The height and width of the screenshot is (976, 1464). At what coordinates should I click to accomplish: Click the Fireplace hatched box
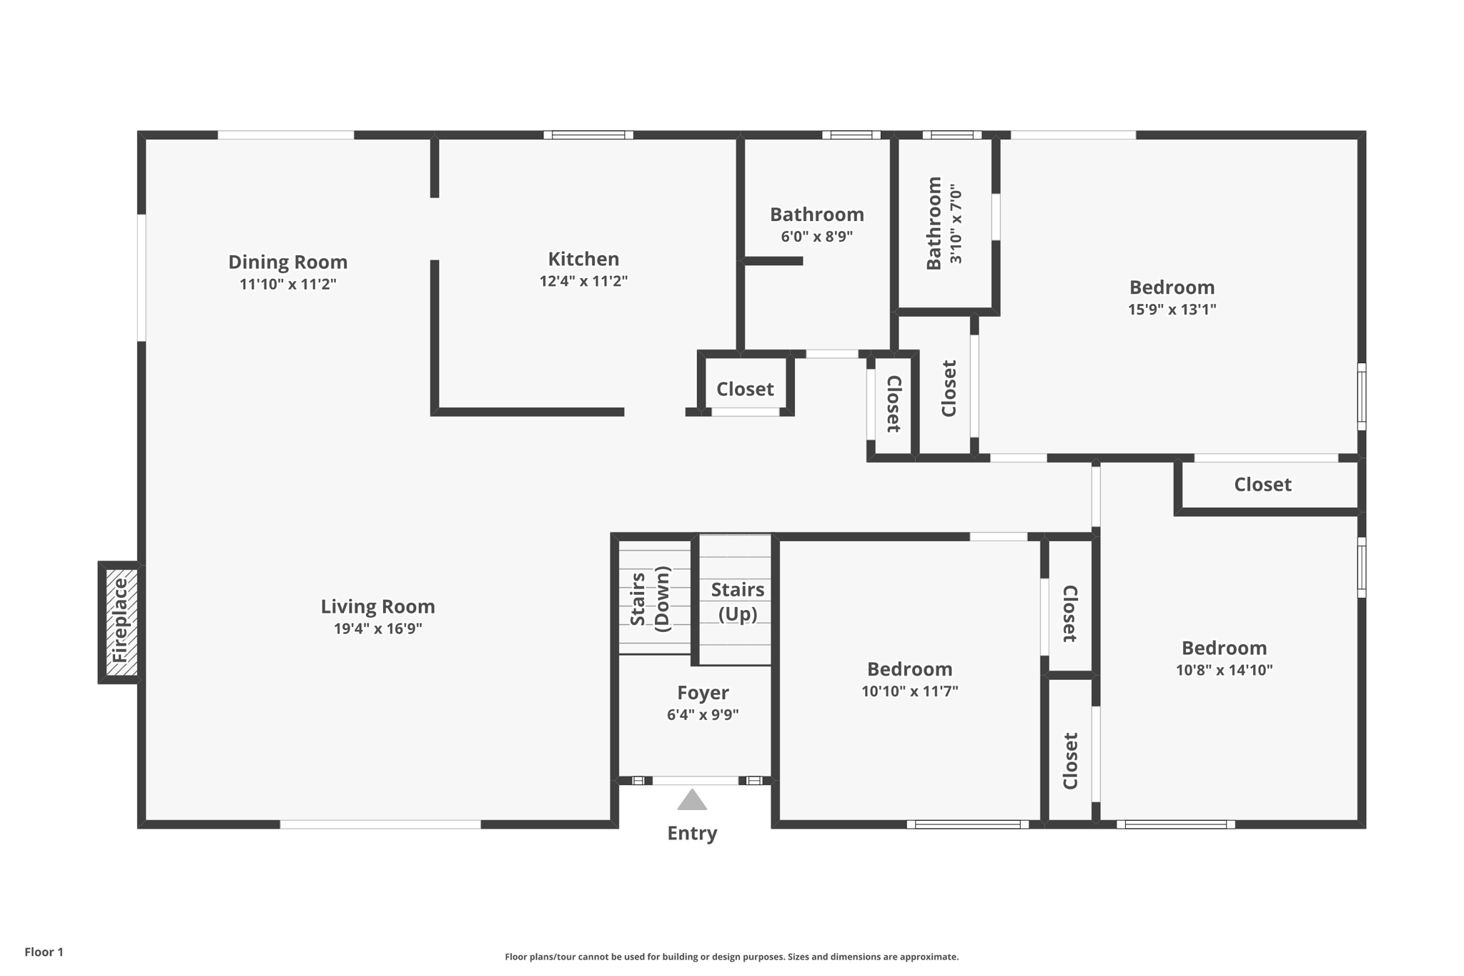121,622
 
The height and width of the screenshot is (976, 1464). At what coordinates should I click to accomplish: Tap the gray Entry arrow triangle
692,801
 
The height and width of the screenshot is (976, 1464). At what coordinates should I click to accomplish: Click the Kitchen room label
583,259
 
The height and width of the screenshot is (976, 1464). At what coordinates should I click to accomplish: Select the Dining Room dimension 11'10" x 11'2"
287,285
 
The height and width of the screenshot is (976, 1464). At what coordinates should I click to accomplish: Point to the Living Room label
377,606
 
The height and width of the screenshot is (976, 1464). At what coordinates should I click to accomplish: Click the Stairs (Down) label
650,599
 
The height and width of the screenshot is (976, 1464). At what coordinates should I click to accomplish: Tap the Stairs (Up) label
737,601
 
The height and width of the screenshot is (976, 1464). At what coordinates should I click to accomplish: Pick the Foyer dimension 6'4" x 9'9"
703,715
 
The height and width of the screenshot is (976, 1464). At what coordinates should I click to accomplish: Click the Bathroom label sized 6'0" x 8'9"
816,215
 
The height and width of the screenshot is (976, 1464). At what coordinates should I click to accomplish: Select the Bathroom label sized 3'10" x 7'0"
934,223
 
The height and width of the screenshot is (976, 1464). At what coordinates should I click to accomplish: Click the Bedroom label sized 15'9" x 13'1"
1172,287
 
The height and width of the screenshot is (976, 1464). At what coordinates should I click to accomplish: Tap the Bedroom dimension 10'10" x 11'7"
909,691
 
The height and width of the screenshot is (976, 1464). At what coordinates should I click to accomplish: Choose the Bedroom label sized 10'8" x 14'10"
1224,648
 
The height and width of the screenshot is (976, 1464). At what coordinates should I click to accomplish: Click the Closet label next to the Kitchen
745,389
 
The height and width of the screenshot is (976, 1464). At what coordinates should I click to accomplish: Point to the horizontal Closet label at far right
1262,485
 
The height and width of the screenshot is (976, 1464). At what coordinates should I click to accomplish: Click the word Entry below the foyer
692,833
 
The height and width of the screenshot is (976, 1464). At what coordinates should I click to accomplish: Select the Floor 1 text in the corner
44,952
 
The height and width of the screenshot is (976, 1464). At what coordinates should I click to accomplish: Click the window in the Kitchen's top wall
588,134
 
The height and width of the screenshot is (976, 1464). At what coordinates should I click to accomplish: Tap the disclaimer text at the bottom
731,957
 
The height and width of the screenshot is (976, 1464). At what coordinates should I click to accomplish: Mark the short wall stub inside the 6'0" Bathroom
773,261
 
